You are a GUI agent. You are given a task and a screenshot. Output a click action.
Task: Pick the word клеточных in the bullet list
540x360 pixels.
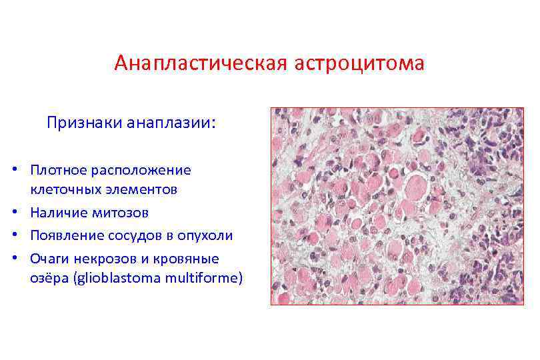click(63, 190)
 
